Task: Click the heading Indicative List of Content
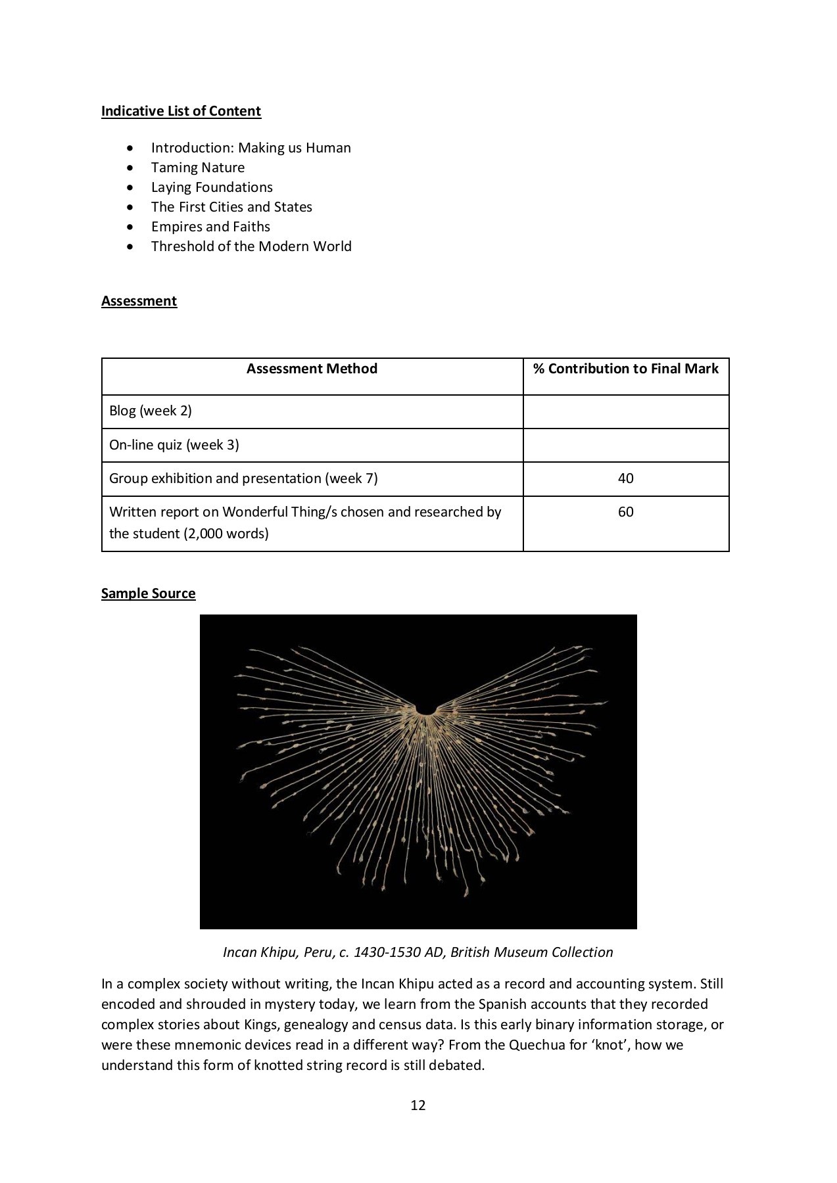(x=181, y=111)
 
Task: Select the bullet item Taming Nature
(x=197, y=168)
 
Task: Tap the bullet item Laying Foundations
(x=211, y=187)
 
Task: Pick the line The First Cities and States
(x=231, y=207)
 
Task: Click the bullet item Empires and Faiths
(x=210, y=227)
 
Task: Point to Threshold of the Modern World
(x=251, y=246)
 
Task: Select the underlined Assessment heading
(x=139, y=301)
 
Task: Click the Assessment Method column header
(x=312, y=369)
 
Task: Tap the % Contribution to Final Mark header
(x=625, y=369)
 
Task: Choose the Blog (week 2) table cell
(x=151, y=411)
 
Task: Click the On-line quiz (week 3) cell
(x=174, y=445)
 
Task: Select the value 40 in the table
(x=625, y=478)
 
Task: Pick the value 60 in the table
(x=625, y=512)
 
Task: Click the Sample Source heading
(x=148, y=593)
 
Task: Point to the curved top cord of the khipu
(x=427, y=710)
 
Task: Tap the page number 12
(x=418, y=1105)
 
